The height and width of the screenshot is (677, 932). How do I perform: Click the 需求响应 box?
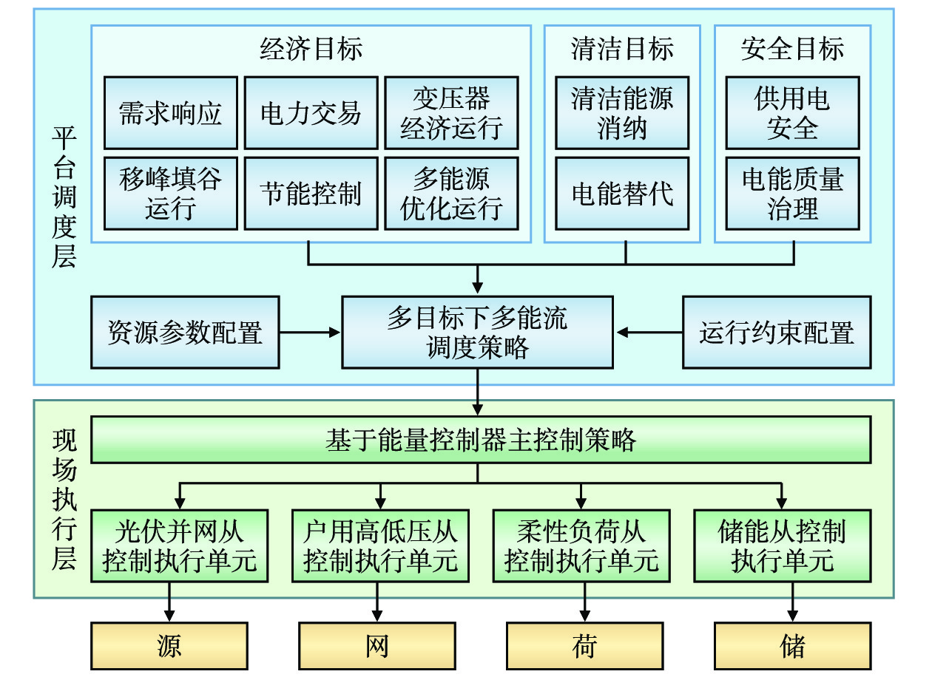point(171,113)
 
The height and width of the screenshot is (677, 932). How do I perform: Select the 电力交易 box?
point(311,113)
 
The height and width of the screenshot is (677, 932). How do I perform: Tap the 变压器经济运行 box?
point(451,113)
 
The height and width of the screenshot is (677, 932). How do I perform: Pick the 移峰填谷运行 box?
point(171,194)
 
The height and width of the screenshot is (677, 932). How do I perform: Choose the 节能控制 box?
point(311,194)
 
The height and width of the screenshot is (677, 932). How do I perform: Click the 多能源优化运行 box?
point(451,194)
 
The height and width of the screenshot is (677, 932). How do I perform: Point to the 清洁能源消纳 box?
point(622,113)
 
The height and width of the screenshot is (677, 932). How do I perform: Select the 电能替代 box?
point(622,194)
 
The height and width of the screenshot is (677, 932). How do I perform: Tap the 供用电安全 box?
point(792,113)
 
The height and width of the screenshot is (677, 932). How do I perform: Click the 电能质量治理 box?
point(792,194)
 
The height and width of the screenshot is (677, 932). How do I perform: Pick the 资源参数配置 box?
point(185,333)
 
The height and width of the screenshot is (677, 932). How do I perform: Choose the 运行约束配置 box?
point(777,333)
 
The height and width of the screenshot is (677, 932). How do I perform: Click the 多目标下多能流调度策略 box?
point(477,333)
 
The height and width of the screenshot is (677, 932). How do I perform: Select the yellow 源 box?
point(169,646)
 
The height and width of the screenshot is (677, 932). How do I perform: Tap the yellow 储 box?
point(792,646)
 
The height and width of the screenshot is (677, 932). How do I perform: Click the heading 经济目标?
point(311,50)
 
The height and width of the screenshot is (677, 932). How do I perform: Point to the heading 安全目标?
point(792,50)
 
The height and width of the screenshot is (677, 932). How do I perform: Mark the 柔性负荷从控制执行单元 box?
point(581,545)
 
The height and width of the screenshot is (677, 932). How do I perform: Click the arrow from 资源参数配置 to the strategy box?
point(311,333)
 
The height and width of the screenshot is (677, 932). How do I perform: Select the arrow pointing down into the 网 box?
point(377,602)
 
